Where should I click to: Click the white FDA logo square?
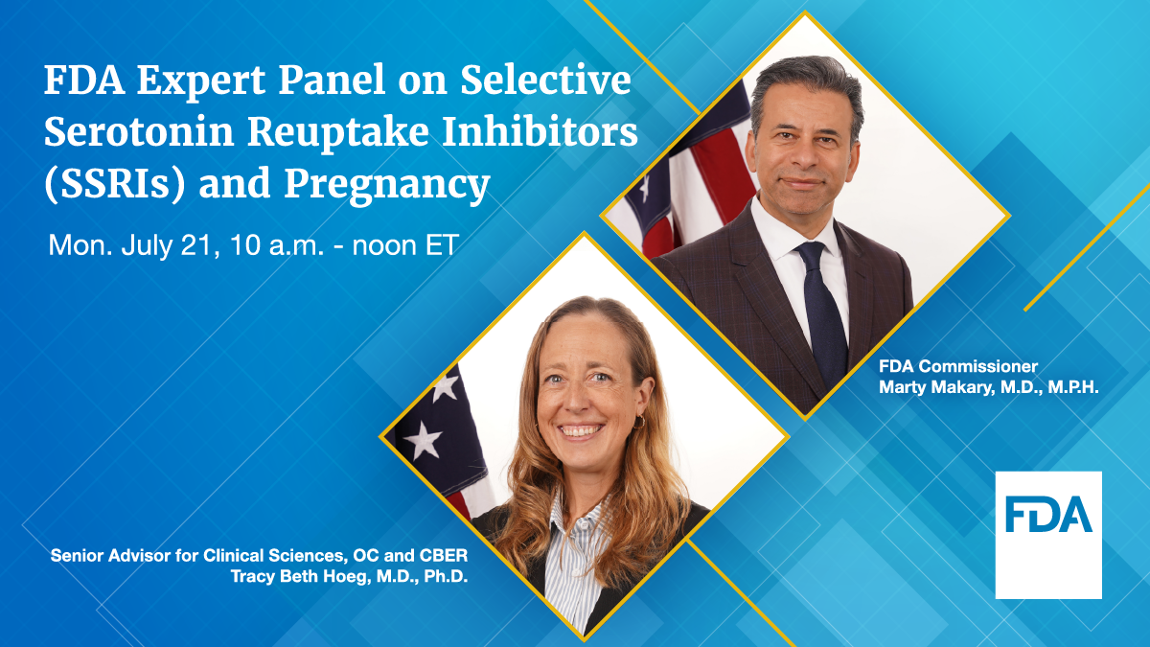click(x=1047, y=535)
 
